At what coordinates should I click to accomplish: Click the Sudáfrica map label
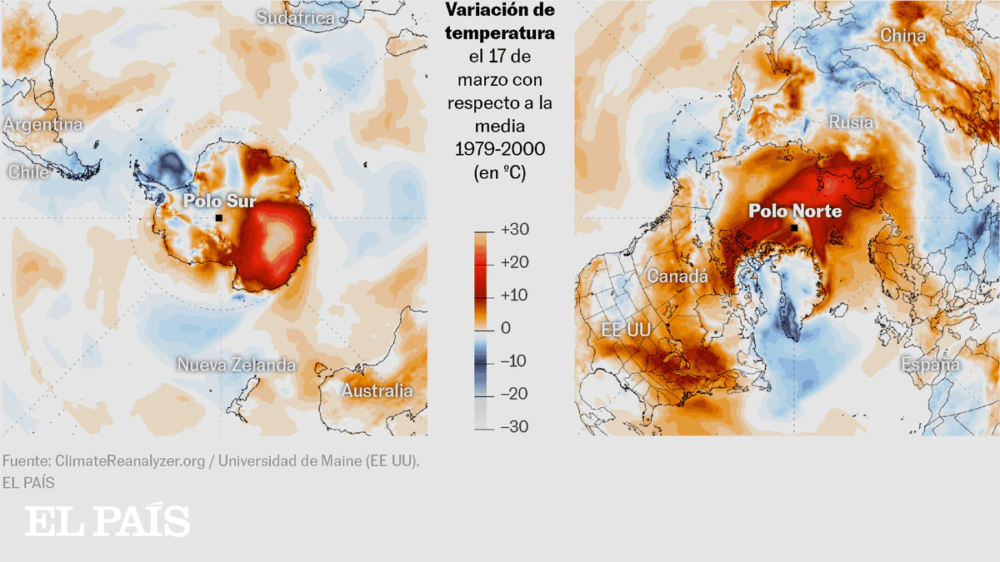point(296,18)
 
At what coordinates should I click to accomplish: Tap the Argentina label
point(43,125)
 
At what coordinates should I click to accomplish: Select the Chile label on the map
point(29,172)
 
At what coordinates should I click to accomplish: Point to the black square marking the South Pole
point(218,218)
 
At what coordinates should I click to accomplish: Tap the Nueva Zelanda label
point(236,365)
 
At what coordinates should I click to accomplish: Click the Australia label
point(377,390)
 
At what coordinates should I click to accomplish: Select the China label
point(903,36)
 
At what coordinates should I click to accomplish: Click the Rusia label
point(851,123)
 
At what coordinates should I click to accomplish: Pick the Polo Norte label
point(795,211)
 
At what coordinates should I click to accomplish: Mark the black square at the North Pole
point(794,228)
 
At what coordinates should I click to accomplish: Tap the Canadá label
point(677,276)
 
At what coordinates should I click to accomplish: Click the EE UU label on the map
point(626,331)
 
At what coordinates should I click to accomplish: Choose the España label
point(930,365)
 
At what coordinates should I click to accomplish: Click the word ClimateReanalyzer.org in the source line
point(130,460)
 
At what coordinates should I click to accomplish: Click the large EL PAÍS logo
point(107,521)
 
